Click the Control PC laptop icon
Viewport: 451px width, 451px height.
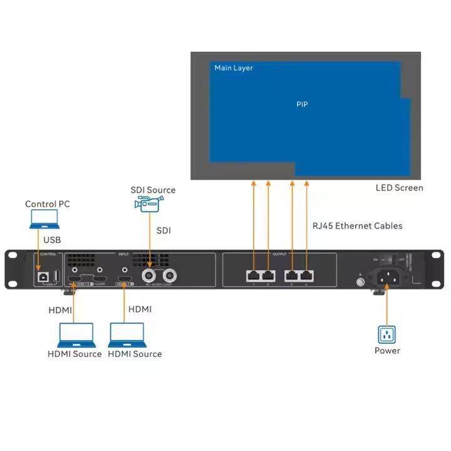pos(44,219)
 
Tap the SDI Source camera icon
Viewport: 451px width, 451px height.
pos(148,204)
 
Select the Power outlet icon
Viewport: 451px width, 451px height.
pos(387,334)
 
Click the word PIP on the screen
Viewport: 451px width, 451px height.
pos(302,104)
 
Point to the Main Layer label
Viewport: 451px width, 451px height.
pos(234,68)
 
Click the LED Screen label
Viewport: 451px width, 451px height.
pos(399,187)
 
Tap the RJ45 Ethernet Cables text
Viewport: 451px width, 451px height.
pos(357,225)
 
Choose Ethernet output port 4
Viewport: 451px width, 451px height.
pos(307,274)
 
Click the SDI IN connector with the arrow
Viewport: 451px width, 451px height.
pos(150,276)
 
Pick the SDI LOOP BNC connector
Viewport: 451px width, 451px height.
pos(170,276)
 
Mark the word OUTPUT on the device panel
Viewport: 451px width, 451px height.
pos(279,255)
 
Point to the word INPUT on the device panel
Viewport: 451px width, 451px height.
pos(123,255)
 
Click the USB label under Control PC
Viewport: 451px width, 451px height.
pos(52,240)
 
